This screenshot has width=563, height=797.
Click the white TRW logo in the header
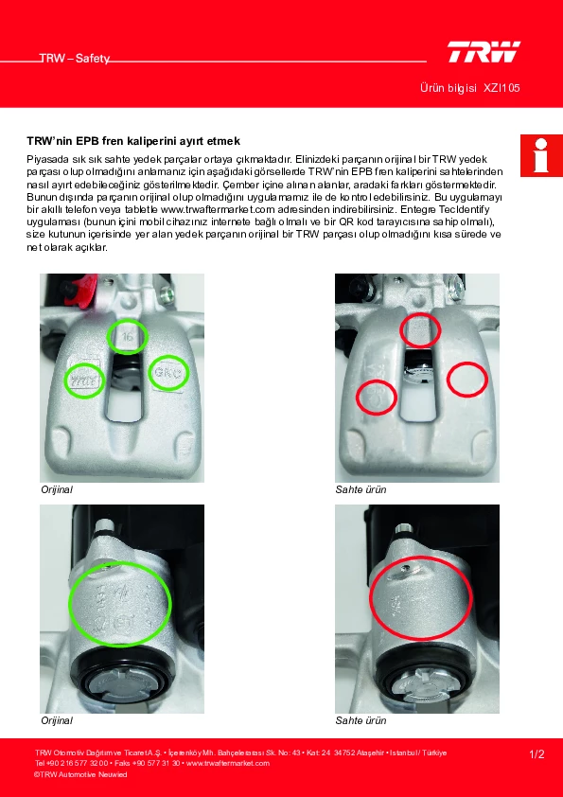(484, 52)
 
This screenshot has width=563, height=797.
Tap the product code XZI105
(501, 88)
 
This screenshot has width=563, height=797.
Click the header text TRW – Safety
(75, 59)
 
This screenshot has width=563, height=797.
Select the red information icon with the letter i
(541, 155)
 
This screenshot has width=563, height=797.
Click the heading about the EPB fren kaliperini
(133, 141)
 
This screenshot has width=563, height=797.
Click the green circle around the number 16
(128, 336)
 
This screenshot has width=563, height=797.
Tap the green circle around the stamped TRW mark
(85, 380)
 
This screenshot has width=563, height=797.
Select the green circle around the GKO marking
(168, 373)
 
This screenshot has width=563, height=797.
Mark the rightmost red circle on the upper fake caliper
(467, 380)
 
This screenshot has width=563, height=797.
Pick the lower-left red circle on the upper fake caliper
(376, 398)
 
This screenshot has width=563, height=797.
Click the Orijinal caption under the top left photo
(57, 490)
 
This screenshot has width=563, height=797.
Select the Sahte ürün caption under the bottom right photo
(361, 720)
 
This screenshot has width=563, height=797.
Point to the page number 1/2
(537, 754)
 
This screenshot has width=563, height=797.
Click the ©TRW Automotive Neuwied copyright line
(80, 774)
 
